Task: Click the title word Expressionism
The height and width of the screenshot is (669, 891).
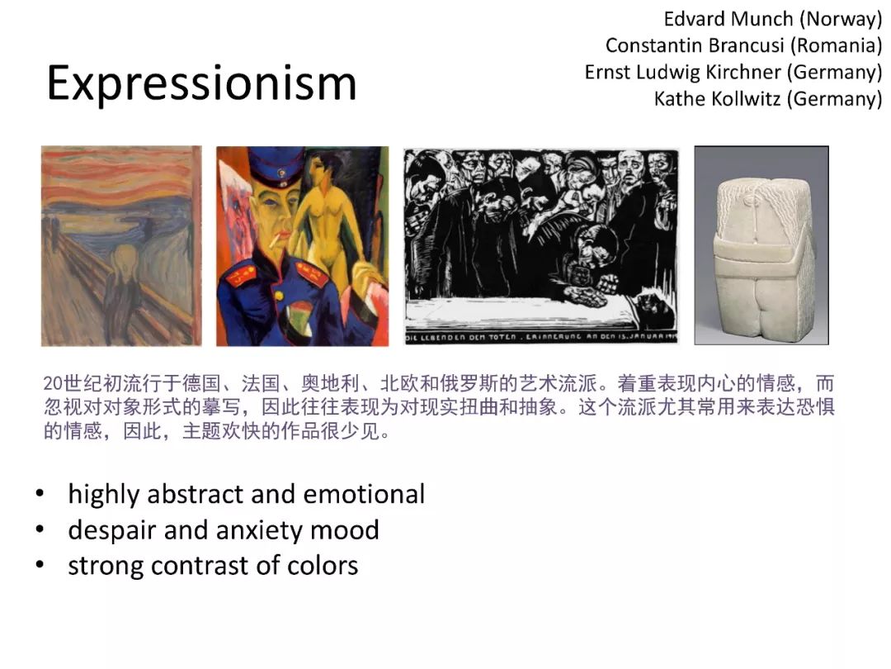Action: tap(202, 84)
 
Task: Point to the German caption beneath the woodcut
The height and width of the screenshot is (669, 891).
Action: tap(540, 337)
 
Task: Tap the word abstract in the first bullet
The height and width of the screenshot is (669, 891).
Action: tap(195, 494)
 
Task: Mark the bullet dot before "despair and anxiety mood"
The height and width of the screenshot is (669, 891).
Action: tap(40, 529)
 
